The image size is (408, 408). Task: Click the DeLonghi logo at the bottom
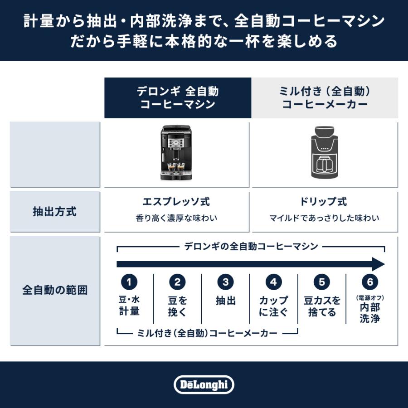click(204, 385)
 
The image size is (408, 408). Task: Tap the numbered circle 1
click(129, 282)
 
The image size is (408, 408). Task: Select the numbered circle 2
click(177, 282)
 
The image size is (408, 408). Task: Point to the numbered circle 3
click(225, 282)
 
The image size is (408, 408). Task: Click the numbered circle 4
click(273, 282)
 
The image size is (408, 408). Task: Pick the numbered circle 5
click(321, 282)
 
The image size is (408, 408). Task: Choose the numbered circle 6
click(370, 282)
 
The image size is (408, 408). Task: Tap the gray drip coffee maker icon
click(325, 154)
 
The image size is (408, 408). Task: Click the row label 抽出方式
click(54, 212)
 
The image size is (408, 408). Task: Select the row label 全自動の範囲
click(54, 290)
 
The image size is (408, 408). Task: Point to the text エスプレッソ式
click(177, 202)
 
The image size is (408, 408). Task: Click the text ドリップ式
click(325, 202)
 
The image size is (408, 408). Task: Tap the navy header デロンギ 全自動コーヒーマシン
click(178, 98)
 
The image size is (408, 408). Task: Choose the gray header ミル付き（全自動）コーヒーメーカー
click(325, 98)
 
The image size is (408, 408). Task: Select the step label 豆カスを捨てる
click(322, 306)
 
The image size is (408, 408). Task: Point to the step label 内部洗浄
click(370, 312)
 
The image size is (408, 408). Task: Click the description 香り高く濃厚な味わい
click(177, 218)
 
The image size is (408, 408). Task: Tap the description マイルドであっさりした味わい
click(325, 218)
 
